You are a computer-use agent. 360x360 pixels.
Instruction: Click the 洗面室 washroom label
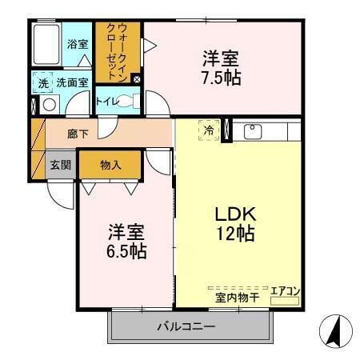pyautogui.click(x=70, y=82)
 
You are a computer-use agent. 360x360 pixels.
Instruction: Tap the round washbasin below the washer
pyautogui.click(x=48, y=103)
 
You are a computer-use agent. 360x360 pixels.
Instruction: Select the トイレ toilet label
pyautogui.click(x=106, y=102)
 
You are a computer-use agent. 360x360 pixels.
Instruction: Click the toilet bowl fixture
pyautogui.click(x=132, y=102)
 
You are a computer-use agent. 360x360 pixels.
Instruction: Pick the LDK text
pyautogui.click(x=234, y=214)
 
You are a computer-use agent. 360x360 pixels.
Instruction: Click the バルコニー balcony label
pyautogui.click(x=186, y=327)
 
